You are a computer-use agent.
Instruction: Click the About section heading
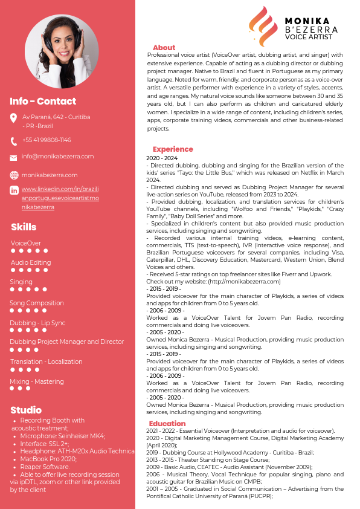[164, 48]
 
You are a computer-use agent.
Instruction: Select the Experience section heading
[173, 149]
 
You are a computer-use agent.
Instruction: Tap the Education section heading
[167, 424]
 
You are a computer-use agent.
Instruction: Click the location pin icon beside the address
[14, 118]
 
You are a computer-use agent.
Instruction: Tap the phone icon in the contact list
[14, 141]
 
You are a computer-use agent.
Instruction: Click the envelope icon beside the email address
[14, 157]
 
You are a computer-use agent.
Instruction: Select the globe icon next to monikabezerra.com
[14, 175]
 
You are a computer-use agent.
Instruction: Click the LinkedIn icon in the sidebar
[14, 190]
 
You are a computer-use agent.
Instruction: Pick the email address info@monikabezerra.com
[57, 157]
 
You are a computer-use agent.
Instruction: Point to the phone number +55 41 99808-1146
[47, 140]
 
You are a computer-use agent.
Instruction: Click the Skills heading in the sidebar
[24, 227]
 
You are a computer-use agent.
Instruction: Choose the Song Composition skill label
[37, 303]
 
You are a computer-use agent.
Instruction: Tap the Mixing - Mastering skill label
[37, 381]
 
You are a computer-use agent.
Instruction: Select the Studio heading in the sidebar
[26, 410]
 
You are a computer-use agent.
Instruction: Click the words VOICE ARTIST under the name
[309, 37]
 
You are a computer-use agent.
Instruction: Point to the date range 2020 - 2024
[161, 158]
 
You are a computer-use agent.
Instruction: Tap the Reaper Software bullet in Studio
[45, 467]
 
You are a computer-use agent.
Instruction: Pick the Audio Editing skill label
[31, 262]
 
